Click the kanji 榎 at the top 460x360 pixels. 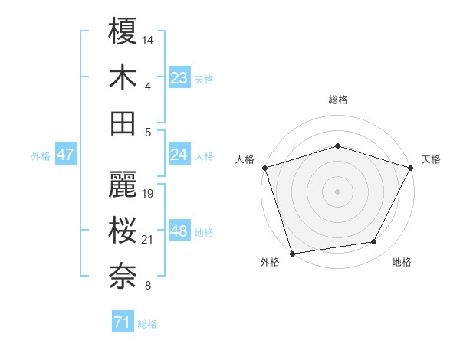click(x=123, y=33)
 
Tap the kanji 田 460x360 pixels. click(x=123, y=123)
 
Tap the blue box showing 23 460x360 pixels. click(x=179, y=77)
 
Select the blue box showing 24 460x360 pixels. click(x=179, y=155)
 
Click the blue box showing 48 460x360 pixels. click(x=179, y=231)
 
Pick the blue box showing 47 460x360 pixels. click(x=66, y=155)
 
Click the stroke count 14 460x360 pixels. click(x=148, y=39)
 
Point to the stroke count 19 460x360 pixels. click(x=149, y=193)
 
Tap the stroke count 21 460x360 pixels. click(x=148, y=240)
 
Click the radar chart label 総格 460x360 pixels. click(x=337, y=100)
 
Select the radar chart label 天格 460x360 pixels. click(x=431, y=159)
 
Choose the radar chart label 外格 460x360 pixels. click(x=270, y=262)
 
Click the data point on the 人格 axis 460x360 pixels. click(x=265, y=167)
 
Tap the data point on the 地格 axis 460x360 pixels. click(x=374, y=242)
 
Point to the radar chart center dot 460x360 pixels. click(x=337, y=191)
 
